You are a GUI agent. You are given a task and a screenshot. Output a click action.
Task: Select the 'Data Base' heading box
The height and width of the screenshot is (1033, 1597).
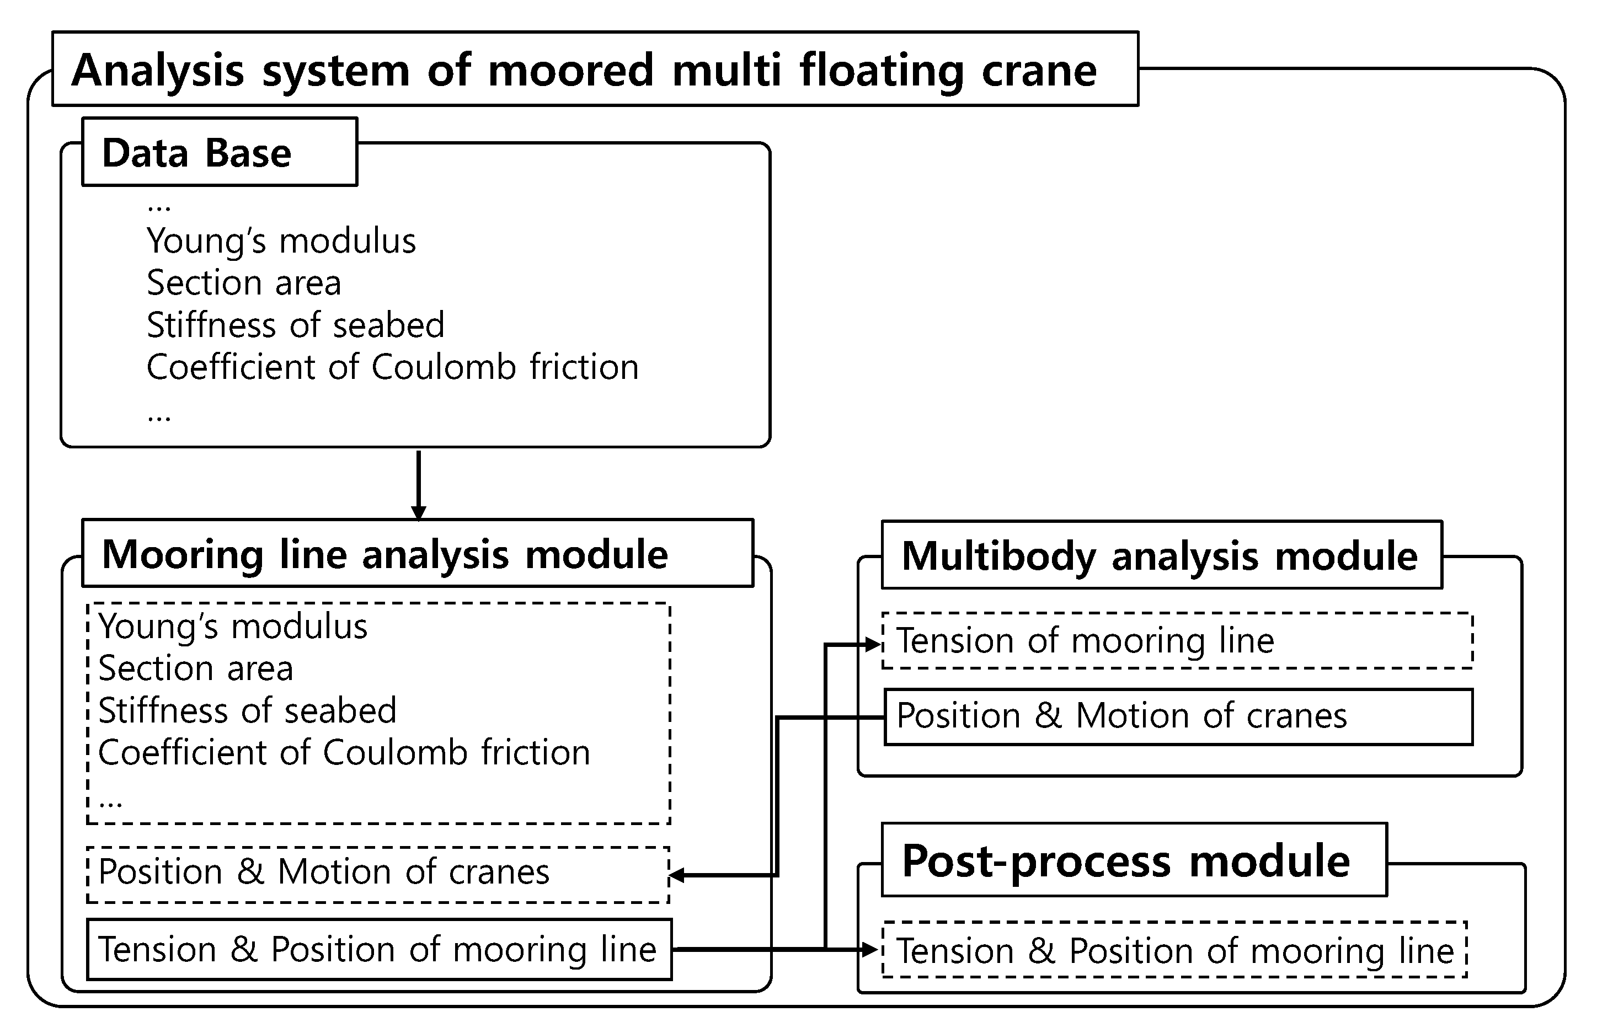(x=220, y=152)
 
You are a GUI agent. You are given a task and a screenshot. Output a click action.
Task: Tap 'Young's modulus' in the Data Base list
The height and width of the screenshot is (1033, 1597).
(x=281, y=241)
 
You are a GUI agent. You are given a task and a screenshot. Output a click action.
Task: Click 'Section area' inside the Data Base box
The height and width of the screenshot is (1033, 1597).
(x=243, y=282)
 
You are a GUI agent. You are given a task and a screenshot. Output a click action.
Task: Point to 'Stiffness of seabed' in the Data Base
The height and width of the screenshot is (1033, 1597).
(x=295, y=325)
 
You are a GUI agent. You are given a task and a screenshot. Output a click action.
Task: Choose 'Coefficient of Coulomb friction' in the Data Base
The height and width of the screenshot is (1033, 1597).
(x=392, y=367)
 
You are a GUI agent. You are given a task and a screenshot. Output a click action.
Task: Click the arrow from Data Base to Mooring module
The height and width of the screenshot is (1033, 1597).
(x=419, y=484)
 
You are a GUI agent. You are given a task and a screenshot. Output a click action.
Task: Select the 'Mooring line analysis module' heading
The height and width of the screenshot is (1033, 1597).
(x=417, y=553)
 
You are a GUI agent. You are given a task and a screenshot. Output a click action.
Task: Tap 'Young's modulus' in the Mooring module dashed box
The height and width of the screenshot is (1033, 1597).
(x=233, y=627)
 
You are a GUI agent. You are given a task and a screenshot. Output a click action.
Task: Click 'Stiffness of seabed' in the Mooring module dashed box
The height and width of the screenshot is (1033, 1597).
(x=248, y=710)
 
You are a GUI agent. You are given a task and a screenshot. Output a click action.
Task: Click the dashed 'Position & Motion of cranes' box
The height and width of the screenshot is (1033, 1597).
(x=378, y=875)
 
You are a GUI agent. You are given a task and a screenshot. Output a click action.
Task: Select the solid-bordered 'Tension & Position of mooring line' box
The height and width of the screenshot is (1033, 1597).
(x=379, y=949)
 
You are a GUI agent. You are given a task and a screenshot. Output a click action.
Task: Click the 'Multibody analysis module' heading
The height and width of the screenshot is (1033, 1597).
(x=1162, y=555)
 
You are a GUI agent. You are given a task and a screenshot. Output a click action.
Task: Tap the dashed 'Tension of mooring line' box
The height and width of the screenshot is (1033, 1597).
(x=1177, y=641)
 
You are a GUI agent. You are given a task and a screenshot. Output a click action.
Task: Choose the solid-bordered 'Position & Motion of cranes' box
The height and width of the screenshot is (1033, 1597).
(x=1178, y=716)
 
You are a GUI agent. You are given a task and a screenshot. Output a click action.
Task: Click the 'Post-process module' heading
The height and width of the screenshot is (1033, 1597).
(x=1134, y=859)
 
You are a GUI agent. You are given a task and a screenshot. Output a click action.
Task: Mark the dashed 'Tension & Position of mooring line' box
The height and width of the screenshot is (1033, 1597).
(x=1174, y=949)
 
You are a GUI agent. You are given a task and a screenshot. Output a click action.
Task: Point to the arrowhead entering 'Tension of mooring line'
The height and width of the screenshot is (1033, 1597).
(x=873, y=645)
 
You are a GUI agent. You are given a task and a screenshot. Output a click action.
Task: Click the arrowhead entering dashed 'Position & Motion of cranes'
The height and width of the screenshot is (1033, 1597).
(x=677, y=875)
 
